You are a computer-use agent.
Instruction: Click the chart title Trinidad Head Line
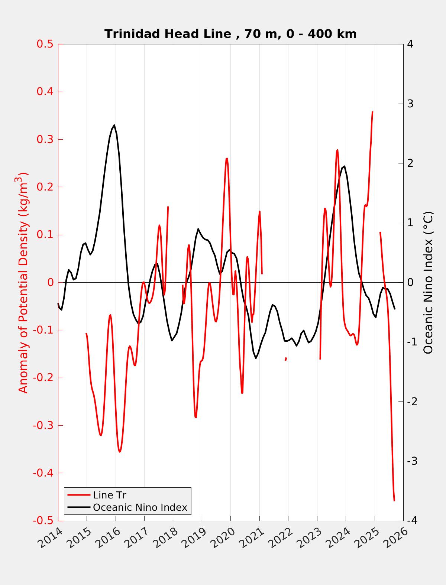[x=230, y=34]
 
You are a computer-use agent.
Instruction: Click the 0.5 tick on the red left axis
[x=45, y=44]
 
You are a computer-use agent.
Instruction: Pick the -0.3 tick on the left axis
[x=43, y=425]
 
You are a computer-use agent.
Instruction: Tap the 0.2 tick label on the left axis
[x=45, y=187]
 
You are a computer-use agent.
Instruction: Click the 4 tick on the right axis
[x=410, y=44]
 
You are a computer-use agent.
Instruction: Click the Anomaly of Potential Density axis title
[x=23, y=282]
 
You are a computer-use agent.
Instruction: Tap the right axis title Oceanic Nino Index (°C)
[x=428, y=282]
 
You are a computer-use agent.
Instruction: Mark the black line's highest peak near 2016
[x=114, y=125]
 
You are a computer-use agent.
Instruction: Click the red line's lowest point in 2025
[x=394, y=501]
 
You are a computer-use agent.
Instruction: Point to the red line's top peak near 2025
[x=372, y=111]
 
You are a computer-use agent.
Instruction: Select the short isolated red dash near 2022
[x=286, y=359]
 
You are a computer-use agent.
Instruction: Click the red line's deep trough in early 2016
[x=120, y=452]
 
